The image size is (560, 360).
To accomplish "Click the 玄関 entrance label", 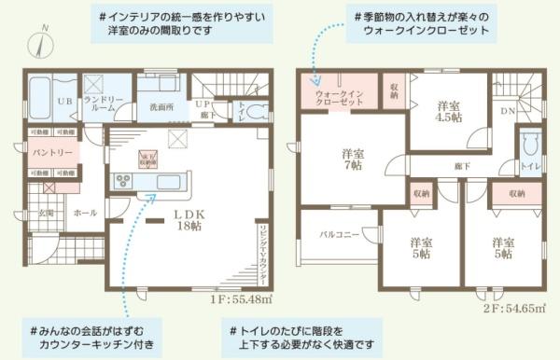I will pos(45,213).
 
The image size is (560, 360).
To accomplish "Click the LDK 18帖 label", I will pos(185,219).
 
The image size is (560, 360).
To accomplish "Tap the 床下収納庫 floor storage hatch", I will pos(147,156).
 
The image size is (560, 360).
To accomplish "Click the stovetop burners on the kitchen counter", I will pos(123,181).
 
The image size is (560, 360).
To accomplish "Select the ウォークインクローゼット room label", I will pos(339,96).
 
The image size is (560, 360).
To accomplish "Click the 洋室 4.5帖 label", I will pos(450,112).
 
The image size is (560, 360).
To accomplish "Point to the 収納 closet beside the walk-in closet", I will pos(392,91).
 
